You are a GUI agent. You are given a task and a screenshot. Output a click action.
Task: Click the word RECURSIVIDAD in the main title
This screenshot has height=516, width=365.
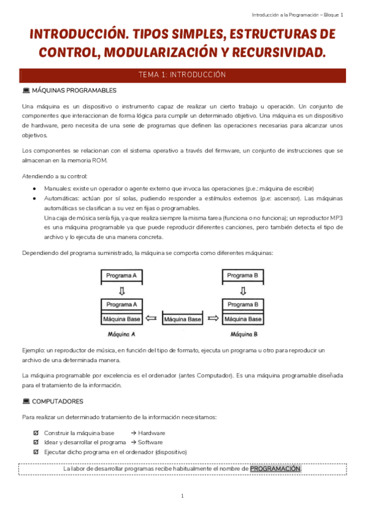coord(281,53)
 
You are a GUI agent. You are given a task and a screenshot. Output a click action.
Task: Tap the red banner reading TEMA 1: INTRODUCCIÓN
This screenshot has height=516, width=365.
coord(182,75)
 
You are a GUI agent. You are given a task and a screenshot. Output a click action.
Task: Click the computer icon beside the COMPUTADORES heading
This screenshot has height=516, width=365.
coord(26,402)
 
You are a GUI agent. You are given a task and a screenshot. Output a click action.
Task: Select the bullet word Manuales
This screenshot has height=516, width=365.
coord(57,189)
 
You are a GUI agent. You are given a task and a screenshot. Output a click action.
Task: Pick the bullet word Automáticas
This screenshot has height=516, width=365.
coord(60,198)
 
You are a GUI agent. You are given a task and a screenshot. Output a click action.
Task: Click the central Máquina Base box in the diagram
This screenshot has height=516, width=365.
coord(183,319)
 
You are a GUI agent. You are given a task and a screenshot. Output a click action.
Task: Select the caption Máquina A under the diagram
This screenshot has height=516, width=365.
coord(121,334)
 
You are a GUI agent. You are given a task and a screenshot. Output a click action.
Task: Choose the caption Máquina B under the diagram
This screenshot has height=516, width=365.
coord(244,334)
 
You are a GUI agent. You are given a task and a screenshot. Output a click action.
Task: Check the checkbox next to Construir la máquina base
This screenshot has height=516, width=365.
coord(37,433)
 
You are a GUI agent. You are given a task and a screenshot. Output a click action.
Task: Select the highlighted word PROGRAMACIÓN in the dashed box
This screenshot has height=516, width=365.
coord(275,469)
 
